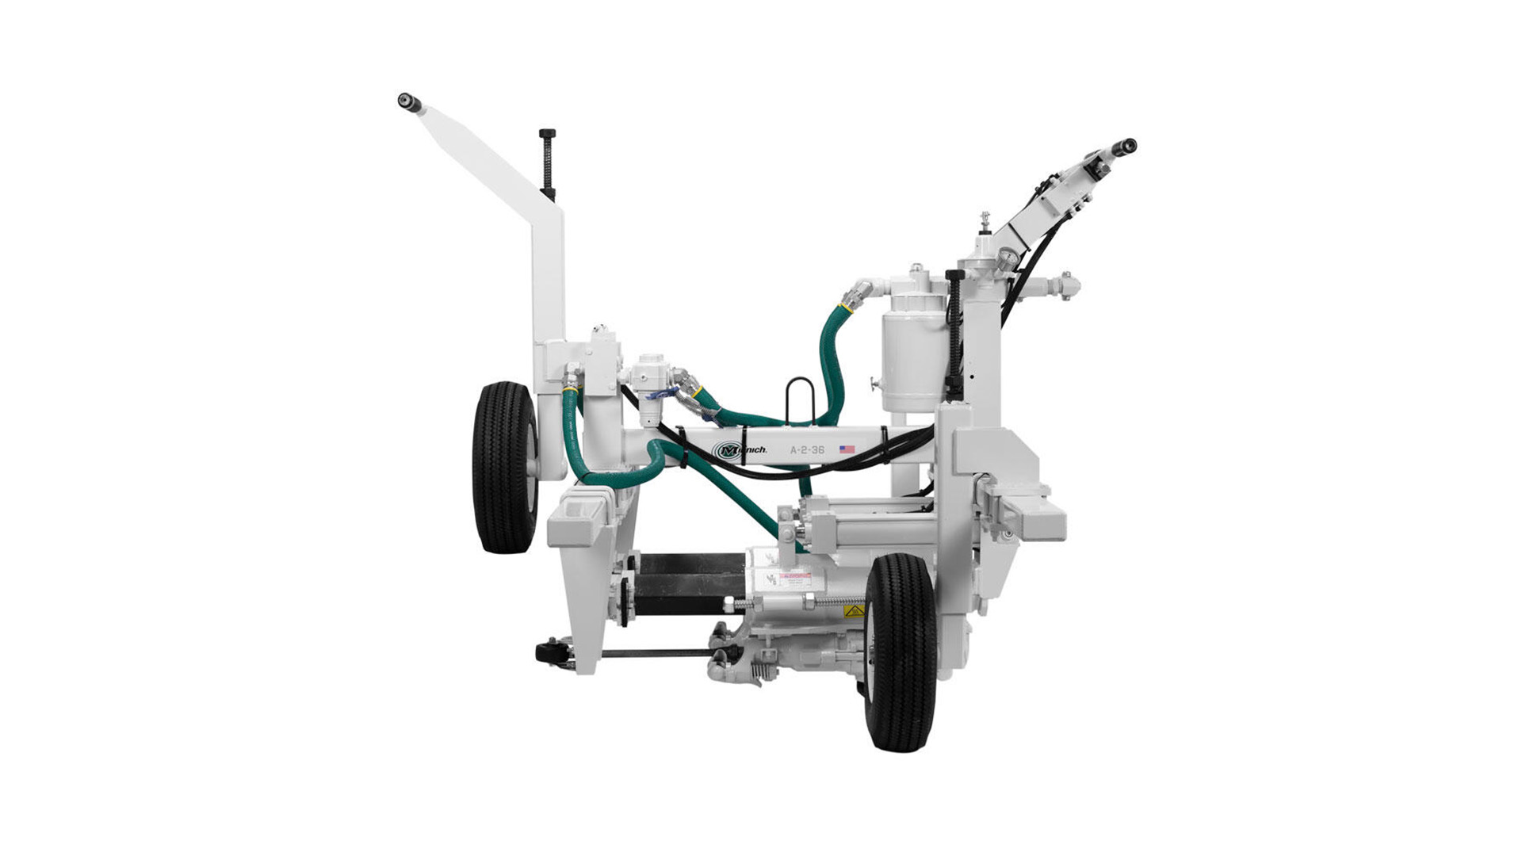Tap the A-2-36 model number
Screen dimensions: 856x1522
point(807,449)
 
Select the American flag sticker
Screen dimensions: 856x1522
point(847,449)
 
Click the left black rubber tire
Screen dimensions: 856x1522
point(505,467)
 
